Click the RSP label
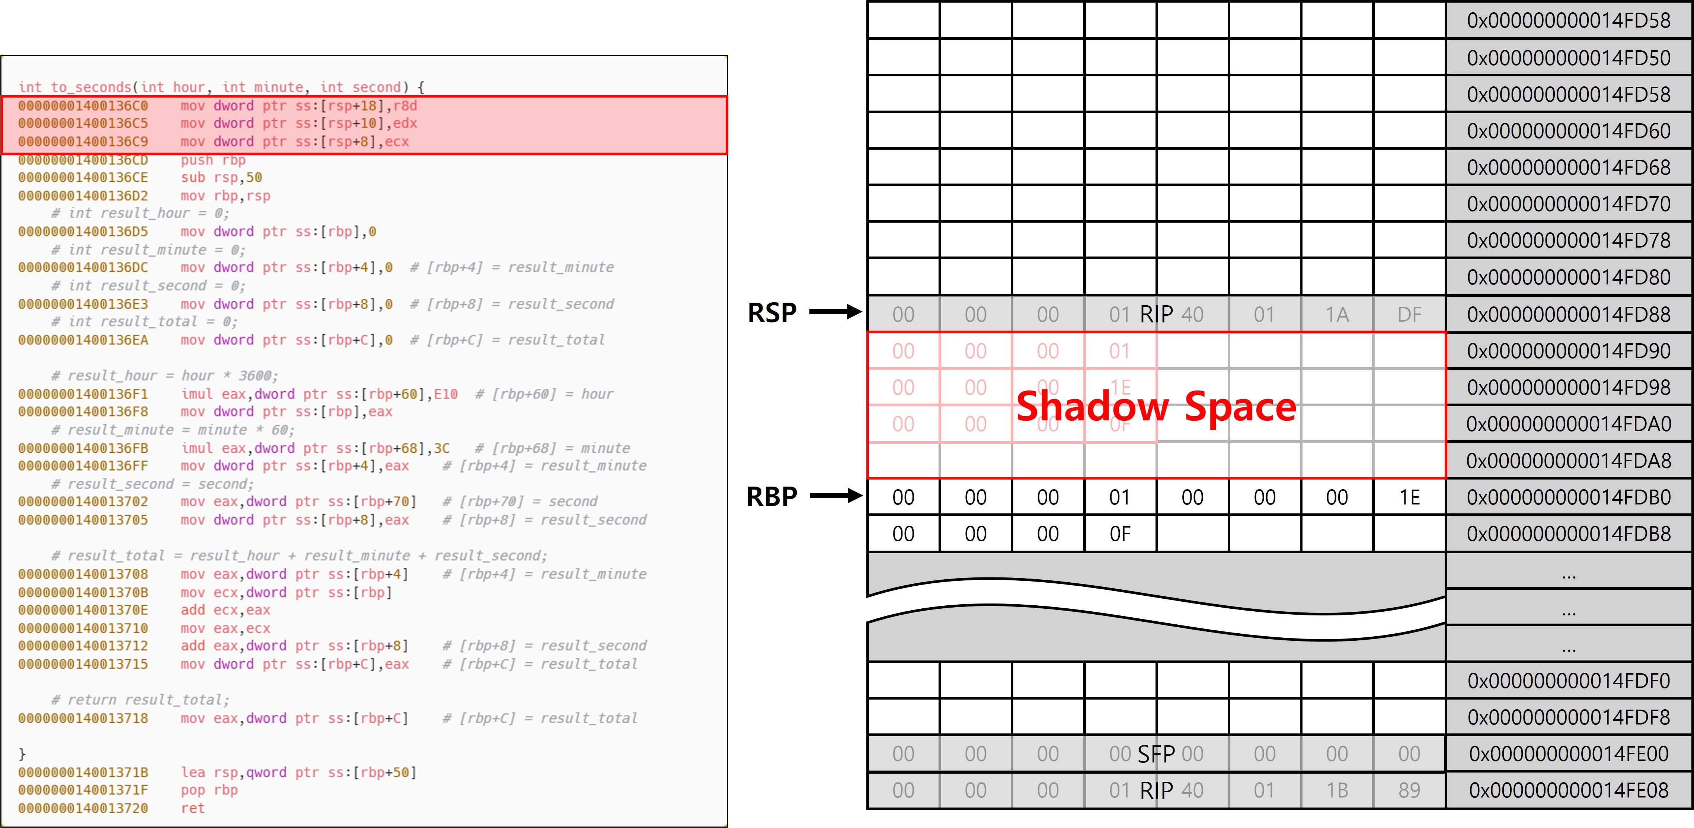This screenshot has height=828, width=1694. point(772,313)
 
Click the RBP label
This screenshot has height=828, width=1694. point(772,497)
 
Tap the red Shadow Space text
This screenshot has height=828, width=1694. point(1156,407)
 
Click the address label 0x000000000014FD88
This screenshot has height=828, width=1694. point(1568,314)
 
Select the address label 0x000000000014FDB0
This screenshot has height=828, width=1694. point(1568,497)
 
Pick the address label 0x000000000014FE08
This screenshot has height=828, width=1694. point(1568,790)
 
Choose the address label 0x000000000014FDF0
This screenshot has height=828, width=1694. point(1568,681)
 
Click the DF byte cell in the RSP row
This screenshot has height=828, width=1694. point(1409,314)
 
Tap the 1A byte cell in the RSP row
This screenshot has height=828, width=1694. point(1337,314)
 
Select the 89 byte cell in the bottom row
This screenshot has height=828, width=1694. point(1409,790)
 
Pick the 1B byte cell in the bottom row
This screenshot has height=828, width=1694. point(1337,790)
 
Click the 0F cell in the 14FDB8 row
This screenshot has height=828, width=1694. point(1120,534)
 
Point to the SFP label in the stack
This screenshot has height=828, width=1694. point(1156,754)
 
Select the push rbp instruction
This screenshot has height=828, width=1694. point(213,160)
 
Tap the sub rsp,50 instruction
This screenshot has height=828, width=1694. point(222,178)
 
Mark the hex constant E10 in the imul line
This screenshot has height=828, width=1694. point(445,394)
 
